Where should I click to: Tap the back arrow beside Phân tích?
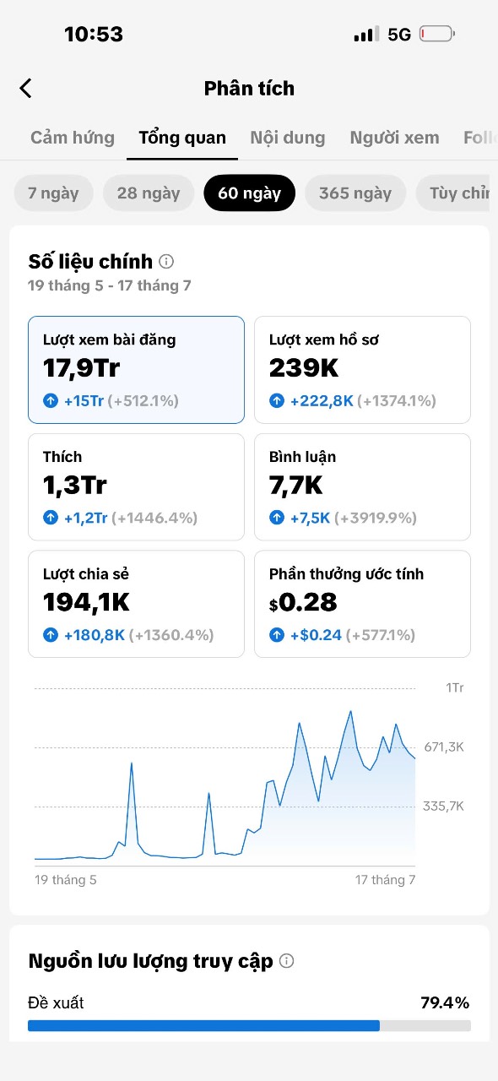pyautogui.click(x=25, y=89)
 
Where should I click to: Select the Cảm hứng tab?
pyautogui.click(x=73, y=138)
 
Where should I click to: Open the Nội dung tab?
pyautogui.click(x=288, y=138)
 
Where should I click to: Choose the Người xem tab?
pyautogui.click(x=394, y=138)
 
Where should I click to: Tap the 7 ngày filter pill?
pyautogui.click(x=53, y=193)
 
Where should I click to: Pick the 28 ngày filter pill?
pyautogui.click(x=149, y=193)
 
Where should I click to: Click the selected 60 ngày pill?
pyautogui.click(x=250, y=193)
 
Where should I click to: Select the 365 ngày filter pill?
pyautogui.click(x=355, y=193)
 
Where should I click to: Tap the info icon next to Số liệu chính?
pyautogui.click(x=166, y=262)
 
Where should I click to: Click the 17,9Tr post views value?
pyautogui.click(x=81, y=367)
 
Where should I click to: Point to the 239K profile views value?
pyautogui.click(x=304, y=367)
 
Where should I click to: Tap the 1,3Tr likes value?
pyautogui.click(x=75, y=485)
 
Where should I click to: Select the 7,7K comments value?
pyautogui.click(x=295, y=485)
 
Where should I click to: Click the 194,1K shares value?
pyautogui.click(x=86, y=602)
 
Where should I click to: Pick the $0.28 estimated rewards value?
pyautogui.click(x=303, y=602)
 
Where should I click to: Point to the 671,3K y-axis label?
pyautogui.click(x=444, y=747)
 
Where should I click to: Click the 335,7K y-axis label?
pyautogui.click(x=443, y=806)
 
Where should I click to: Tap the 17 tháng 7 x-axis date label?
pyautogui.click(x=385, y=880)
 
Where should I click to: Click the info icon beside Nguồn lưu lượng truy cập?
pyautogui.click(x=287, y=961)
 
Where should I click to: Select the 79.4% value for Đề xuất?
pyautogui.click(x=445, y=1002)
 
